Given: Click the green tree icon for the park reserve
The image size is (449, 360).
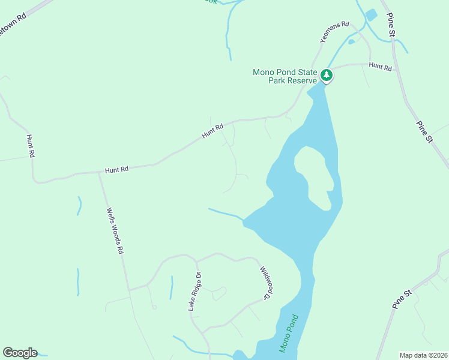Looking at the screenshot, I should coord(327,76).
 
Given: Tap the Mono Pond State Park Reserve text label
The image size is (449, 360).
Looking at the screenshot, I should coord(285,76).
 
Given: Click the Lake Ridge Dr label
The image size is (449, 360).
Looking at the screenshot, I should coord(194,292).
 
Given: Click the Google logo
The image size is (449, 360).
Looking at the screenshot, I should coord(20,353).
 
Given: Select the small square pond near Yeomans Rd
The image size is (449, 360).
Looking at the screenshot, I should coord(371,15).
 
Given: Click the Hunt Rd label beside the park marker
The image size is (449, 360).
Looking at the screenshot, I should coord(380,67).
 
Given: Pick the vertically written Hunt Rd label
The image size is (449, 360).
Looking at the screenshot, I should coord(31,146).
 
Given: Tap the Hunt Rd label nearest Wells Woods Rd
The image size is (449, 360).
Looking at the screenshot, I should coord(116,170).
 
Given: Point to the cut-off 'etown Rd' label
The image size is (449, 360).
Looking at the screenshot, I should coord(13,25).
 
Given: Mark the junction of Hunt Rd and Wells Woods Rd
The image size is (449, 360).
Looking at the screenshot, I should coord(99,173).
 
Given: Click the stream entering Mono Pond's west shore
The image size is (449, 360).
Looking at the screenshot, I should coord(225,212).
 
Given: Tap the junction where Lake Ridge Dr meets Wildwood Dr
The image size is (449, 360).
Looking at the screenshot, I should coord(196,262).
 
